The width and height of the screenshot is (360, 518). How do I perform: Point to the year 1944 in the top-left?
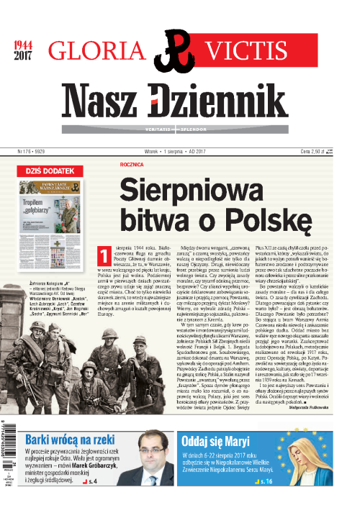24,46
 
